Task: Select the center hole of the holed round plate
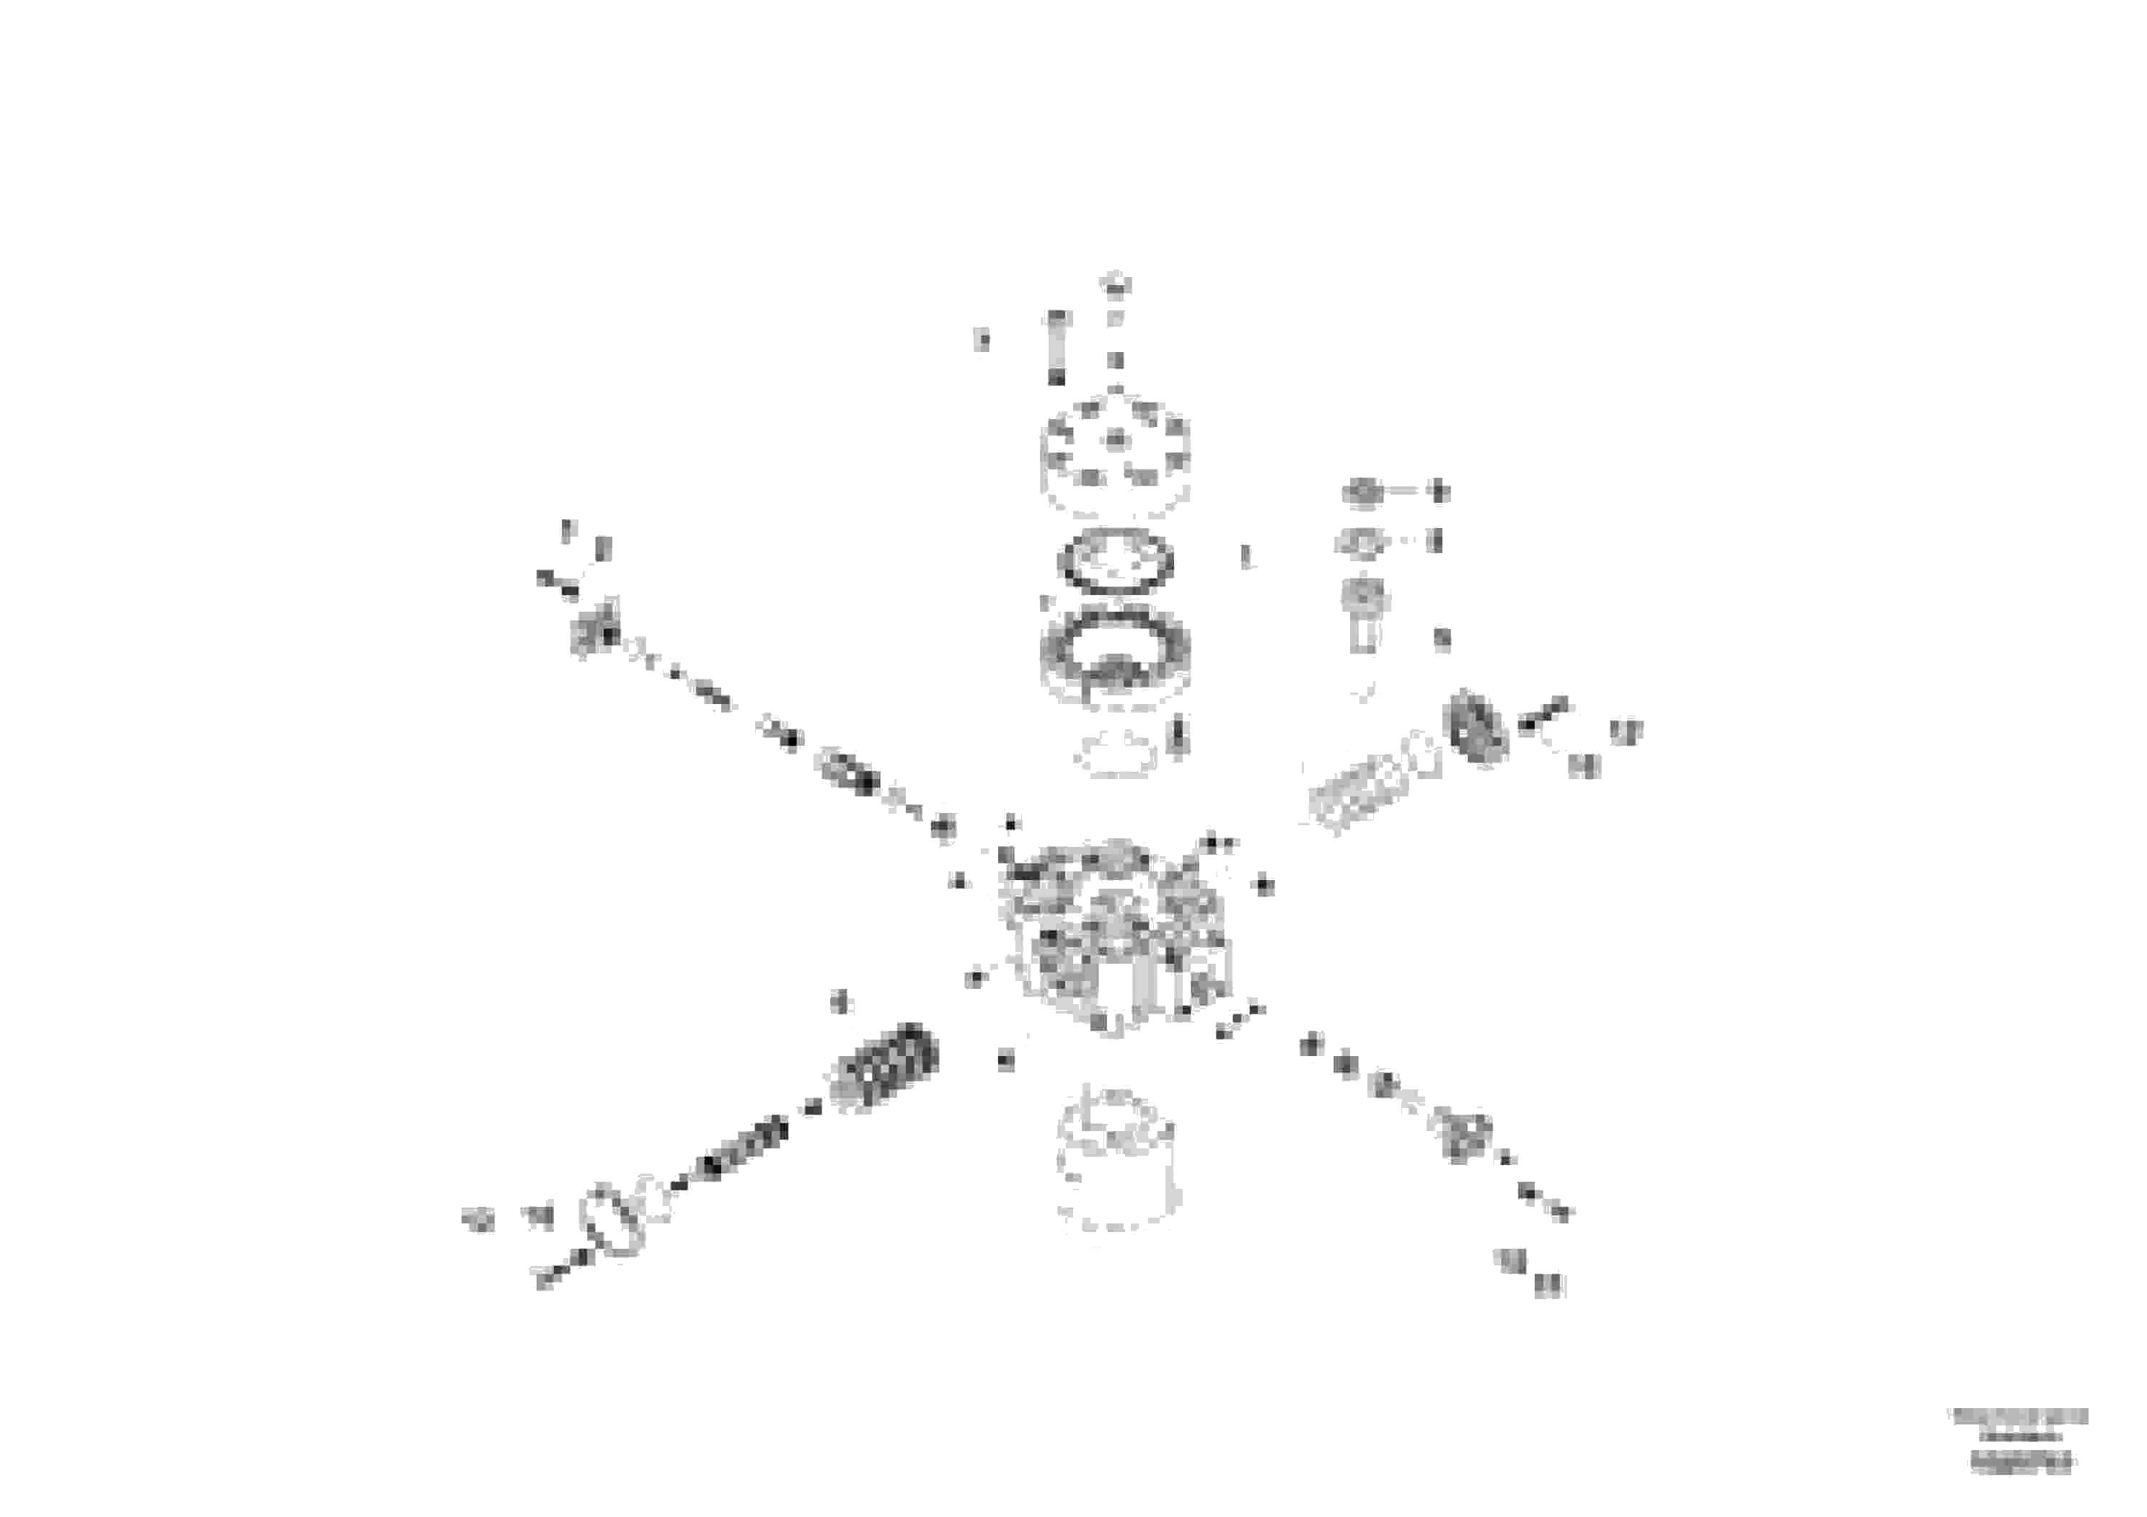(x=1116, y=439)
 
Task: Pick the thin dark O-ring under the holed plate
(x=1116, y=561)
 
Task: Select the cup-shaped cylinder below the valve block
(x=1116, y=1161)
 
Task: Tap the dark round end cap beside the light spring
(x=1476, y=726)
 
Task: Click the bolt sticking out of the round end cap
(x=1543, y=713)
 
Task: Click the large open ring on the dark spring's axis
(x=612, y=1218)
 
